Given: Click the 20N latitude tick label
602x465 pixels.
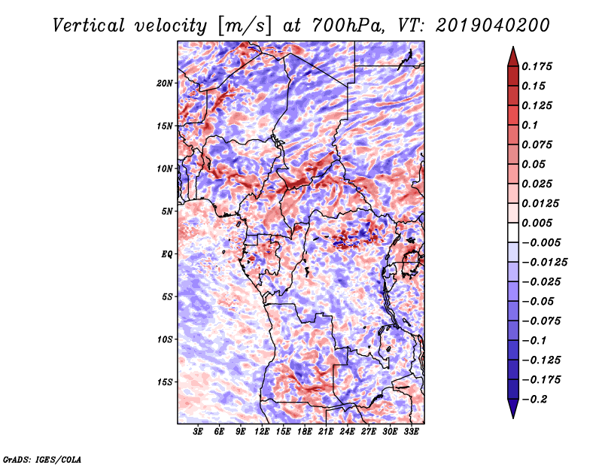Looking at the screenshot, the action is coord(165,84).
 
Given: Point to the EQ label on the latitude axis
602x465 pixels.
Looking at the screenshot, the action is coord(166,254).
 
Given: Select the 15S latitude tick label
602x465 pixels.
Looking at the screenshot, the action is coord(165,382).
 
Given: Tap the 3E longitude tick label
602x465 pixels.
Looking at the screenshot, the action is coord(198,432).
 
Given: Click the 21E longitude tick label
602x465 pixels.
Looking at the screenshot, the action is coord(326,432).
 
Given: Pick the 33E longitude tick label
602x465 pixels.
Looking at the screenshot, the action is coord(411,432).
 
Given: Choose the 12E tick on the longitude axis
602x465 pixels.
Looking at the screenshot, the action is coord(261,432).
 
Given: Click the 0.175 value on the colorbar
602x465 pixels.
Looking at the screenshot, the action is coord(537,66).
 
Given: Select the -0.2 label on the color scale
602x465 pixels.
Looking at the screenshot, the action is coord(534,400).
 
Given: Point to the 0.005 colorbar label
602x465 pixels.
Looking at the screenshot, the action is coord(537,223).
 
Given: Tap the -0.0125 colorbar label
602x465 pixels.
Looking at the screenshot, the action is coord(544,263).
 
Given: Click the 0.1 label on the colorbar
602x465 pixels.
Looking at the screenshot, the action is coord(530,125).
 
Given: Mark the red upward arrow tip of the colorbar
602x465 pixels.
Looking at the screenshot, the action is coord(513,47).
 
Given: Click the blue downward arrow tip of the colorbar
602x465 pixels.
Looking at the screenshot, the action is coord(513,418).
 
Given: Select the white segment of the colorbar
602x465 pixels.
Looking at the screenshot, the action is coord(513,232).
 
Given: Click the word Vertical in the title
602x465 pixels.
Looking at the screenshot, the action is coord(89,26).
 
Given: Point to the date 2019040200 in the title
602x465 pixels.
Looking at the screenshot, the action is coord(493,26).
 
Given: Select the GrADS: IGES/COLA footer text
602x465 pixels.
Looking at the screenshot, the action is coord(42,459).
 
